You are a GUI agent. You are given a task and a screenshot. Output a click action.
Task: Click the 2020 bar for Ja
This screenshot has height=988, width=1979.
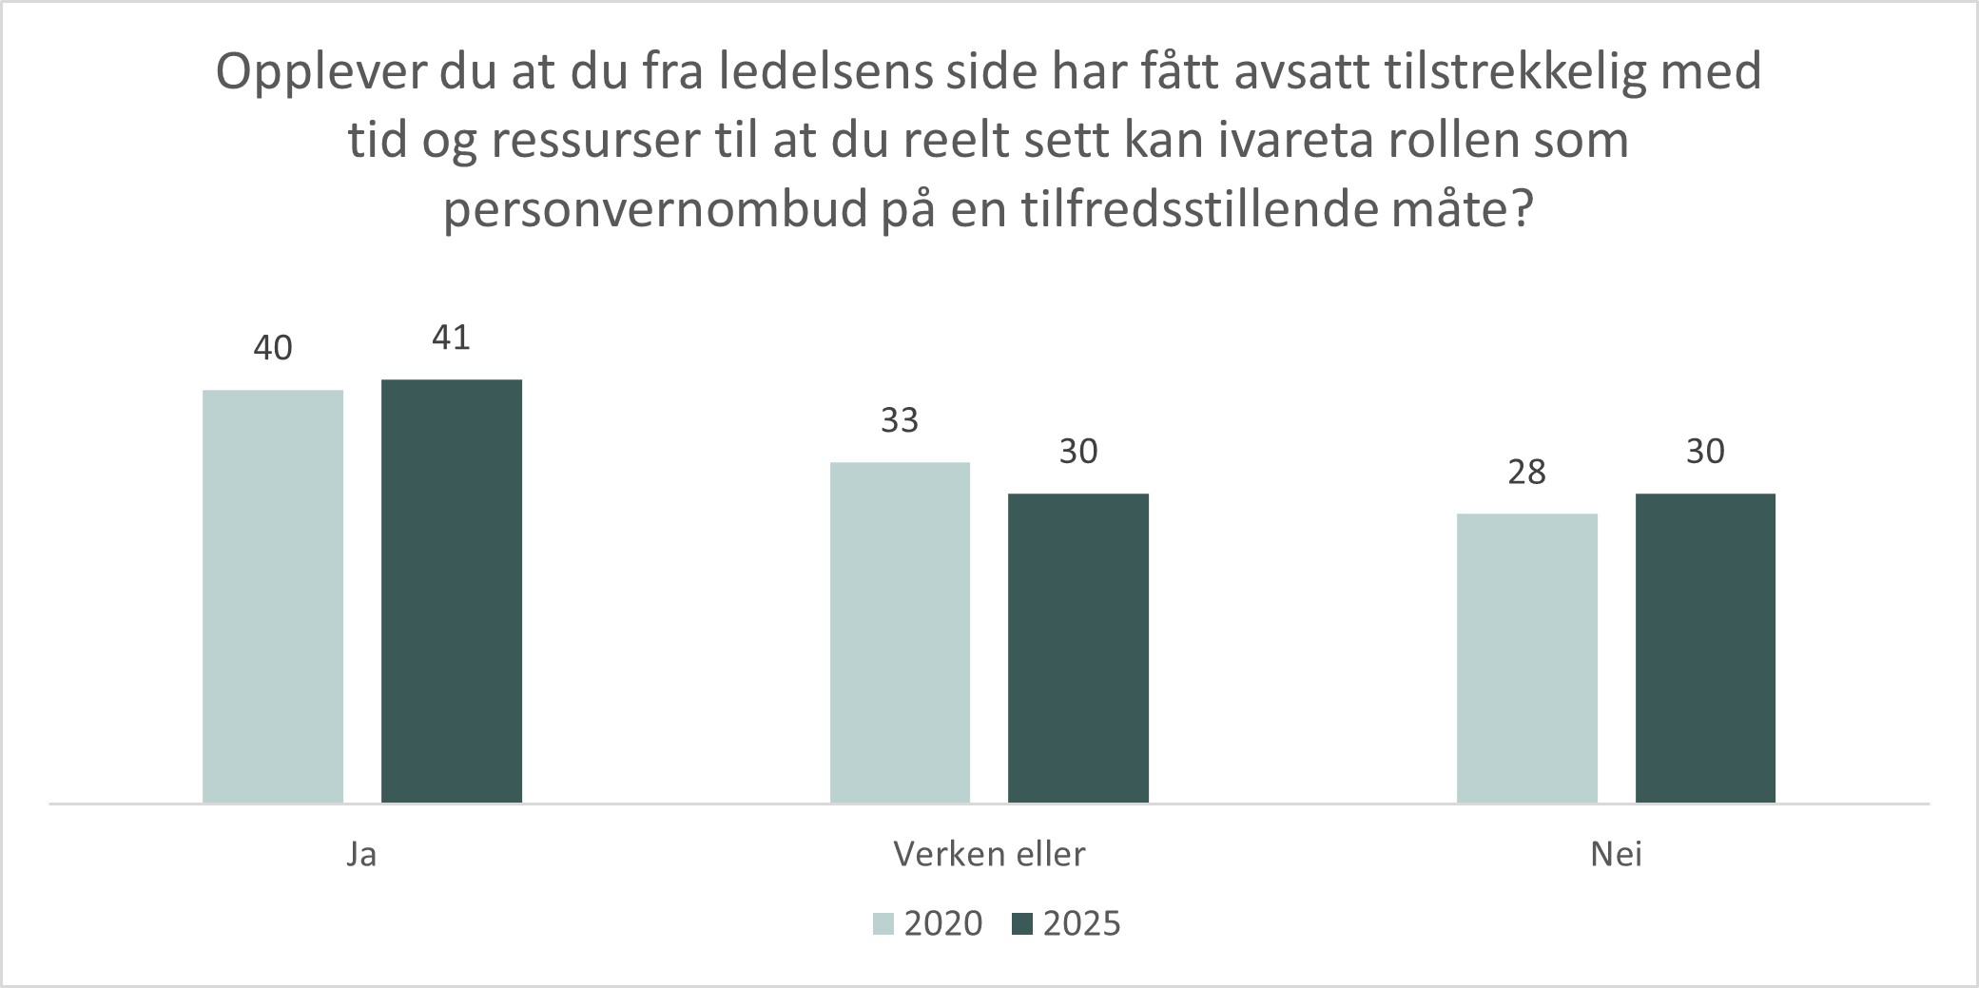tap(273, 596)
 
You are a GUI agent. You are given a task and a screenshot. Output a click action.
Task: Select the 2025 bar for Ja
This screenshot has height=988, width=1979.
tap(452, 591)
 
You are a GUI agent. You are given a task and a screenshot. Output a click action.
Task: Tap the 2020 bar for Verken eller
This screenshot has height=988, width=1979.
tap(900, 632)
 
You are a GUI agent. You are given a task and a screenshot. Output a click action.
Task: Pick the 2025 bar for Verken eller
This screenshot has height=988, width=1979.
tap(1078, 648)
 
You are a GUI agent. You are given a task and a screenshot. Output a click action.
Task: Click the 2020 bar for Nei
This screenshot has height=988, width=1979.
tap(1527, 658)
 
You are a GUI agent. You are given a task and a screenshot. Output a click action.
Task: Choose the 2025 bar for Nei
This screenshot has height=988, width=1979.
tap(1705, 648)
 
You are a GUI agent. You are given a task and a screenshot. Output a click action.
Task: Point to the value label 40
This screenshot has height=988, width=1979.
tap(273, 349)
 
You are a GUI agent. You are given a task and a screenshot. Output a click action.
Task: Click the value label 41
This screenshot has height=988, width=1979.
tap(452, 338)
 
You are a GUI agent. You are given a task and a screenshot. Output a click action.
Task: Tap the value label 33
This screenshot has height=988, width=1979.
tap(900, 420)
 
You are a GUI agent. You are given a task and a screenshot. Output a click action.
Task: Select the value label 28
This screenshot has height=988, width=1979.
tap(1527, 472)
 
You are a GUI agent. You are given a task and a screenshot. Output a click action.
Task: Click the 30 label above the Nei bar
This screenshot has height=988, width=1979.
tap(1705, 452)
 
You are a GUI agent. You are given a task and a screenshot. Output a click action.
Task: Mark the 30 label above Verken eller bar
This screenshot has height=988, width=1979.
tap(1078, 452)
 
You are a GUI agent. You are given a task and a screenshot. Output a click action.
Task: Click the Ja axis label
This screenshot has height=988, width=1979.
tap(361, 855)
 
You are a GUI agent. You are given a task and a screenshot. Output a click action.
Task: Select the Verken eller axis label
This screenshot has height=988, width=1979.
tap(989, 855)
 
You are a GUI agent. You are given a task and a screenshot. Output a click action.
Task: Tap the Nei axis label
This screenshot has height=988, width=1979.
tap(1617, 855)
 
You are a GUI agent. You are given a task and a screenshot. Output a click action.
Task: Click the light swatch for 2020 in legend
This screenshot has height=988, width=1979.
tap(884, 924)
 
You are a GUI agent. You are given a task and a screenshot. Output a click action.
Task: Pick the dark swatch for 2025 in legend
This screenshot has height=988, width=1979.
tap(1022, 924)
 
